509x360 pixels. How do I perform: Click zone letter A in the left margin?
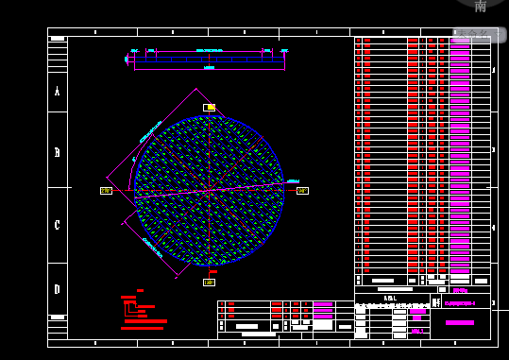(x=58, y=92)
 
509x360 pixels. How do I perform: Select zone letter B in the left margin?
(x=58, y=151)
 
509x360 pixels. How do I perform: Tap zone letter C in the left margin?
(x=58, y=225)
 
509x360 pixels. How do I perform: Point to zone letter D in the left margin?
(x=58, y=289)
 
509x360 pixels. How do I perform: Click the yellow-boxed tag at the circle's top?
(x=209, y=108)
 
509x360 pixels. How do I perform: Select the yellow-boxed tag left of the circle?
(x=106, y=190)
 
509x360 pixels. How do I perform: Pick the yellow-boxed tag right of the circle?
(x=302, y=190)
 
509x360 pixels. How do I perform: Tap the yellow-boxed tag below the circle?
(x=209, y=282)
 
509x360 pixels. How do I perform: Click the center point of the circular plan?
(x=209, y=191)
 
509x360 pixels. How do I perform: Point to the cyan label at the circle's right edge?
(x=293, y=180)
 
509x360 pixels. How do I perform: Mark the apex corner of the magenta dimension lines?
(x=196, y=89)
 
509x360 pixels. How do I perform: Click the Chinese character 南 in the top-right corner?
(x=480, y=7)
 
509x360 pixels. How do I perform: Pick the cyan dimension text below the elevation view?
(x=209, y=68)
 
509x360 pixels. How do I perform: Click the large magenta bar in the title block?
(x=460, y=322)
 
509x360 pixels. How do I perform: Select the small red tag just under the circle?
(x=212, y=272)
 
